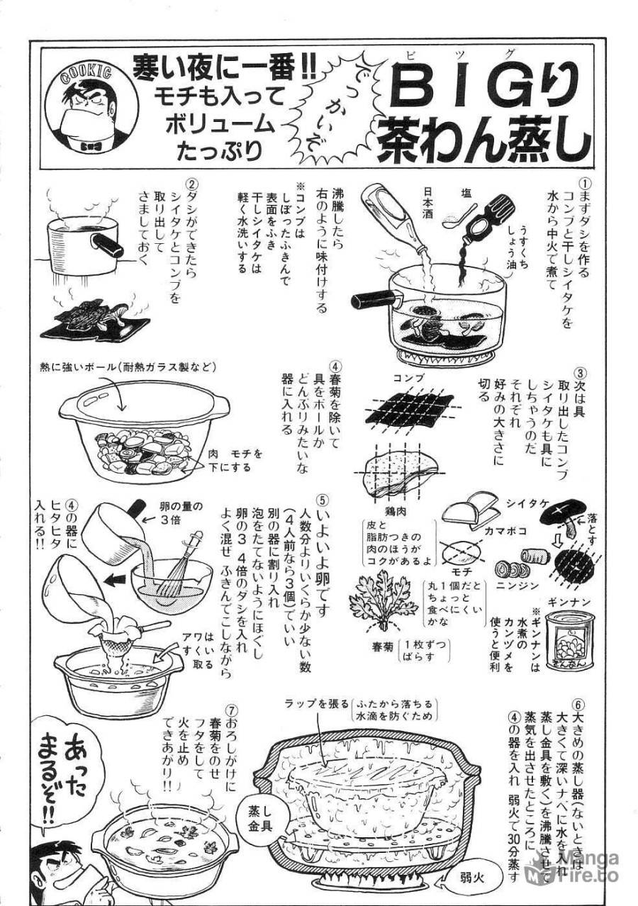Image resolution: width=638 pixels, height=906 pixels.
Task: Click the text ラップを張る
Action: click(x=315, y=703)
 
